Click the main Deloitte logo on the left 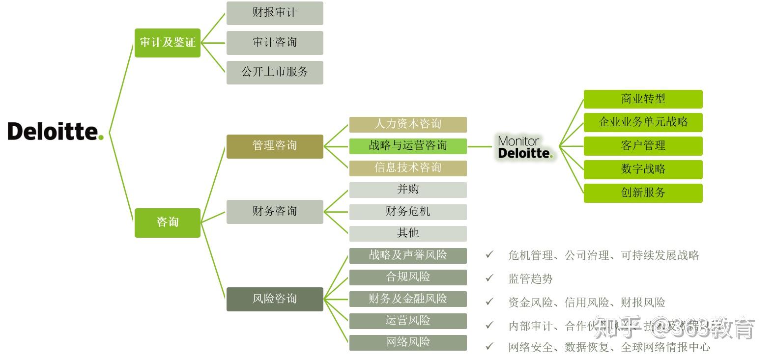pos(56,132)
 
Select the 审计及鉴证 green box pos(168,43)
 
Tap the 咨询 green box pos(168,222)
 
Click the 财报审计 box pos(275,13)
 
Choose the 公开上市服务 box pos(275,72)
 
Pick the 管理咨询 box pos(275,146)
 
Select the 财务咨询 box pos(275,212)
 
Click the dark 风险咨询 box pos(275,299)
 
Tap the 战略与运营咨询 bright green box pos(408,146)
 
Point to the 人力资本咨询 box pos(408,124)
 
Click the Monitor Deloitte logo pos(525,147)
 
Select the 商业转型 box pos(643,99)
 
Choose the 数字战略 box pos(643,169)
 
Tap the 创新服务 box pos(643,193)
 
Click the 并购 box pos(408,190)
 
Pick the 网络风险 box pos(408,342)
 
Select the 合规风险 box pos(408,277)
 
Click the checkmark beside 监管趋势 pos(489,278)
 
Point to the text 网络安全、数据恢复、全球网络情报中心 pos(609,347)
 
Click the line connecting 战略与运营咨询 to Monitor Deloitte pos(480,146)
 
